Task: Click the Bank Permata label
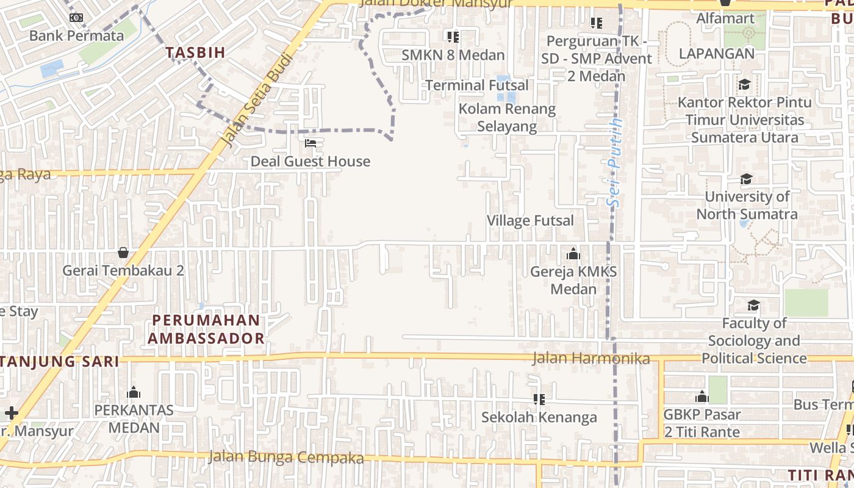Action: (x=76, y=35)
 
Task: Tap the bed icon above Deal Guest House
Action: (x=310, y=144)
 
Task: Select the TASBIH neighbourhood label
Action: (x=195, y=52)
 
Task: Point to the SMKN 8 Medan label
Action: (x=453, y=55)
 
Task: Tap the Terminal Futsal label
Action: (x=476, y=85)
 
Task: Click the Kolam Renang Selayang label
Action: (x=507, y=118)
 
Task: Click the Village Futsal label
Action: (x=530, y=221)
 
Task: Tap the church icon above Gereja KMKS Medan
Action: (x=573, y=254)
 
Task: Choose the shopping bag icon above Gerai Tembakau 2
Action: (x=123, y=253)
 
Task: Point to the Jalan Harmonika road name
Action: (x=590, y=359)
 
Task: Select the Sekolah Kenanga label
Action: (x=539, y=417)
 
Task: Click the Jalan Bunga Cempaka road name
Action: (x=285, y=457)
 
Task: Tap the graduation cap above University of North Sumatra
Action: (x=746, y=179)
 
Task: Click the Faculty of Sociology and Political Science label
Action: (x=754, y=340)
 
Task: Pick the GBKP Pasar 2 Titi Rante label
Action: (x=701, y=423)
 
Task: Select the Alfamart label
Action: (x=725, y=18)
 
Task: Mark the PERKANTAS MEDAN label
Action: (x=134, y=418)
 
